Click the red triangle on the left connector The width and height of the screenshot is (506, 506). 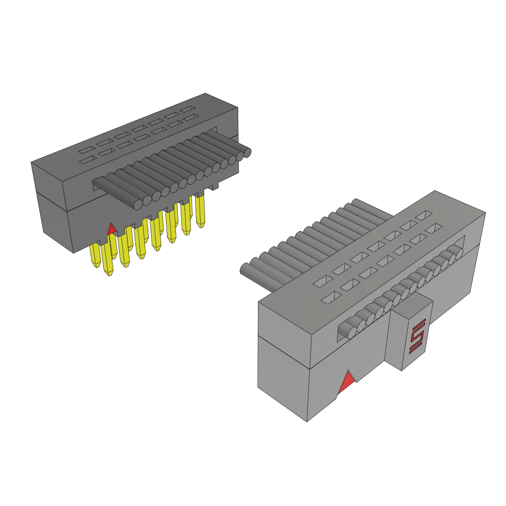tap(112, 229)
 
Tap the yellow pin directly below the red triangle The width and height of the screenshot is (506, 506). tap(109, 257)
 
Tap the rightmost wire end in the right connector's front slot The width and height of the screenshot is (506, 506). tap(459, 252)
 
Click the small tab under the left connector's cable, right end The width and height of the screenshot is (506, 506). tap(215, 187)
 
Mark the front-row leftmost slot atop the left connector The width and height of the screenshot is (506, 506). tap(87, 160)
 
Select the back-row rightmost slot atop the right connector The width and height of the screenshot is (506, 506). tap(423, 215)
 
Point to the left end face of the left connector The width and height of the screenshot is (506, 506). tap(52, 208)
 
